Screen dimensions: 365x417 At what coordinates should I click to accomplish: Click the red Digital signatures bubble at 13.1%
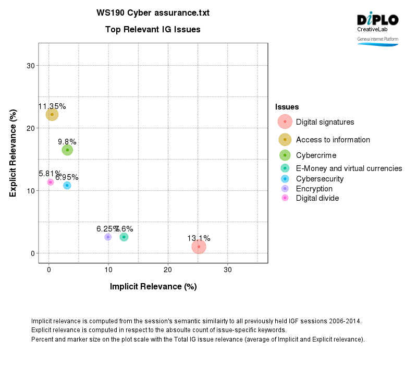pyautogui.click(x=199, y=247)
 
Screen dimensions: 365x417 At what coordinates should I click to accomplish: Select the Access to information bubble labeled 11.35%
pyautogui.click(x=52, y=114)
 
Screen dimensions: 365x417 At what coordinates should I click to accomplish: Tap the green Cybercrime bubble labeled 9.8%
pyautogui.click(x=67, y=150)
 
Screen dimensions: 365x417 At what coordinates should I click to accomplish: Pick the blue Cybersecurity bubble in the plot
pyautogui.click(x=67, y=186)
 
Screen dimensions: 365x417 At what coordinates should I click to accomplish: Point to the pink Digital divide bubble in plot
pyautogui.click(x=51, y=182)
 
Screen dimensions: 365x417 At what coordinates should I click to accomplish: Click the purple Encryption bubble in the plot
pyautogui.click(x=108, y=237)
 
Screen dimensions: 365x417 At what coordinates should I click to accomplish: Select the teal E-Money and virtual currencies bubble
pyautogui.click(x=124, y=237)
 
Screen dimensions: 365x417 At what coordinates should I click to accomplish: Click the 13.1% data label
pyautogui.click(x=199, y=238)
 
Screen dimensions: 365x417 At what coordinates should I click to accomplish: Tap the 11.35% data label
pyautogui.click(x=52, y=106)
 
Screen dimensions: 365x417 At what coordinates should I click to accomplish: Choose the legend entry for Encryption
pyautogui.click(x=314, y=189)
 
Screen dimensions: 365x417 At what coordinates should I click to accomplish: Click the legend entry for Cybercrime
pyautogui.click(x=316, y=155)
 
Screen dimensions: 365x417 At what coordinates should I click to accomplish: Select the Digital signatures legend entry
pyautogui.click(x=325, y=122)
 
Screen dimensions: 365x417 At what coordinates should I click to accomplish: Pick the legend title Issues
pyautogui.click(x=287, y=107)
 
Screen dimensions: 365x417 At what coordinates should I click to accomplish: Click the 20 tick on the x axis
pyautogui.click(x=168, y=270)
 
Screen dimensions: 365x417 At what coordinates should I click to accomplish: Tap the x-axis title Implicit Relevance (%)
pyautogui.click(x=153, y=286)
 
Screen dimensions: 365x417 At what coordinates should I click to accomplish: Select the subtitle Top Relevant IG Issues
pyautogui.click(x=153, y=30)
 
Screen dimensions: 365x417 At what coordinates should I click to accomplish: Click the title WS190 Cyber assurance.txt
pyautogui.click(x=153, y=13)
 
